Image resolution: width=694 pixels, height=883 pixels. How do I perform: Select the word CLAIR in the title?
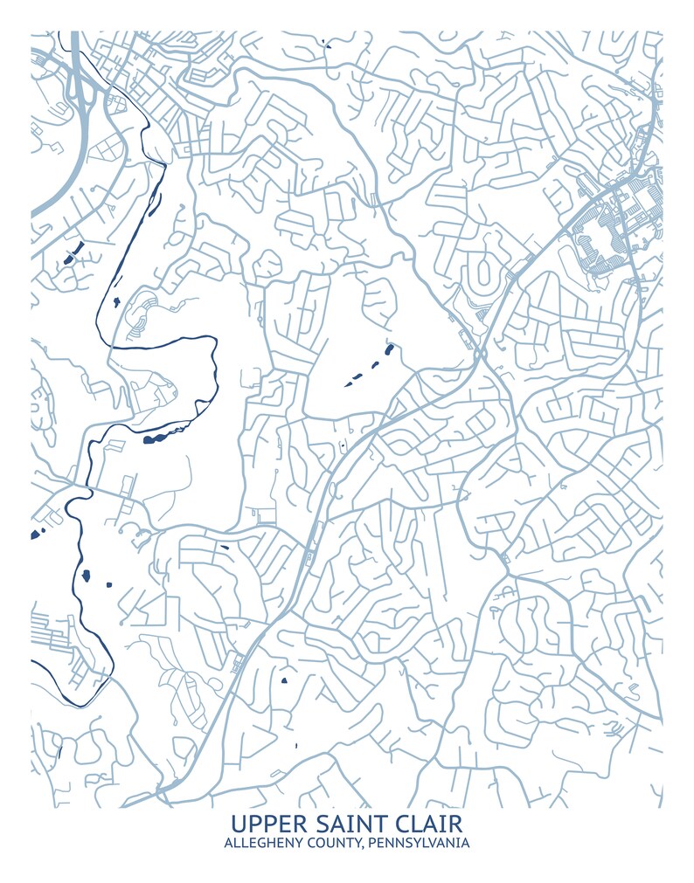pos(421,823)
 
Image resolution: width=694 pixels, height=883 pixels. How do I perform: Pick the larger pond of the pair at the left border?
pos(36,534)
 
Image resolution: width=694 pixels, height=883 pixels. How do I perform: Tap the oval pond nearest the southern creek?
pos(86,575)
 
